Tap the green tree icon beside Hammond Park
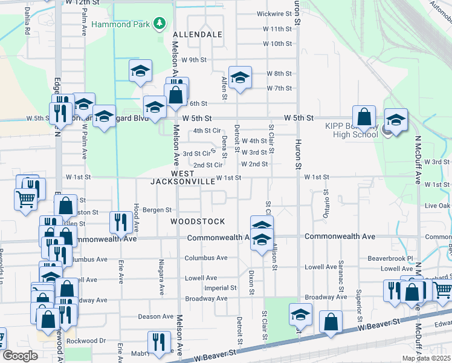[x=160, y=24]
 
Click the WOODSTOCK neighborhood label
[x=198, y=221]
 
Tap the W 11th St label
[x=278, y=28]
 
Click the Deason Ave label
[x=156, y=316]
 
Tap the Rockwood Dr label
[x=86, y=341]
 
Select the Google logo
[x=20, y=356]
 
